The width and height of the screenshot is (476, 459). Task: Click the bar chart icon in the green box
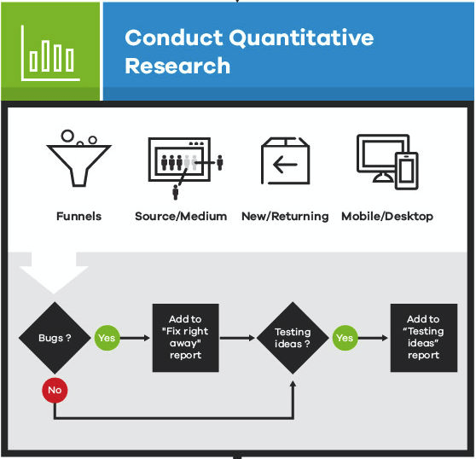(50, 51)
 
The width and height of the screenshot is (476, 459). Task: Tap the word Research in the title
(177, 66)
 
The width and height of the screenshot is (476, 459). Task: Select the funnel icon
(78, 160)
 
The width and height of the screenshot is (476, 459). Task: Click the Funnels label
(78, 216)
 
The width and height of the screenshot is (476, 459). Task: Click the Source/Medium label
(181, 216)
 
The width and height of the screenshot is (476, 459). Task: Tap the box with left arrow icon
(285, 162)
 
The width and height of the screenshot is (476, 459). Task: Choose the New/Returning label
(285, 216)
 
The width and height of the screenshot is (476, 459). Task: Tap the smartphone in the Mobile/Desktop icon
(406, 171)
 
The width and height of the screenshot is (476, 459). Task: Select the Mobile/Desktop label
(387, 216)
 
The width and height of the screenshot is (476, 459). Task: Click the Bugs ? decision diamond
(55, 338)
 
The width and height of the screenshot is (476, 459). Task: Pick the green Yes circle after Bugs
(107, 338)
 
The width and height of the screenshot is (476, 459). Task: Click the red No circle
(55, 390)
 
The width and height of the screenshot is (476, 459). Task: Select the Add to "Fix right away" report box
(185, 338)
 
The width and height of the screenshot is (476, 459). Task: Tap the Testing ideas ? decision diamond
(293, 338)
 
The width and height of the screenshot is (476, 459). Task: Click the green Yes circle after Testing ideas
(345, 338)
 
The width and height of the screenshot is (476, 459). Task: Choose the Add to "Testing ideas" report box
(423, 338)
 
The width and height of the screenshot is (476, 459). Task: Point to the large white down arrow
(54, 271)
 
